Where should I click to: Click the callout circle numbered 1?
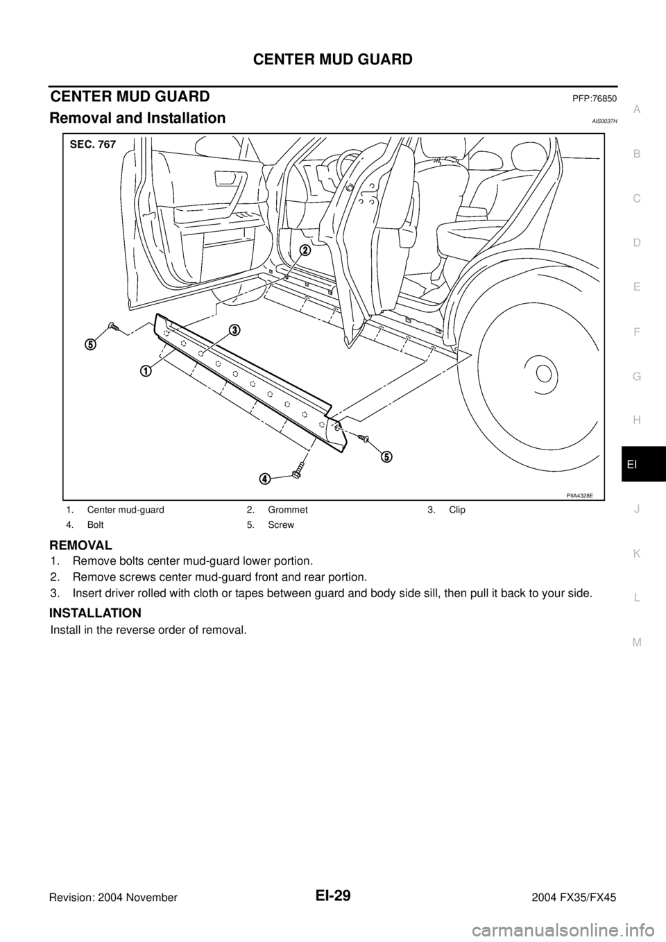coord(145,370)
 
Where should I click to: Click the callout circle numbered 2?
coord(304,250)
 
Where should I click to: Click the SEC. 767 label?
coord(93,144)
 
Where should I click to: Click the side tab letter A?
coord(637,109)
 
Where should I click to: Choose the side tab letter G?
coord(637,376)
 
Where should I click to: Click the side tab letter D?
coord(637,243)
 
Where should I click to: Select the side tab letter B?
coord(637,153)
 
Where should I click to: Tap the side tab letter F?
coord(637,332)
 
